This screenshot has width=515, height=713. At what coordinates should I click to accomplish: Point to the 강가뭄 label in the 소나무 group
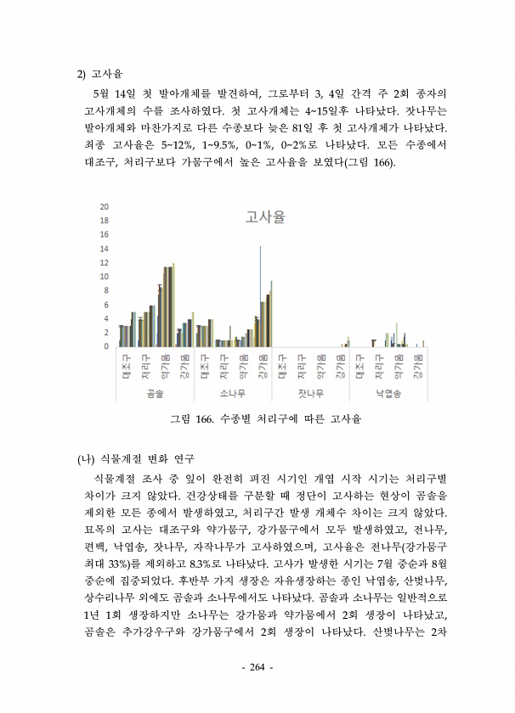(263, 366)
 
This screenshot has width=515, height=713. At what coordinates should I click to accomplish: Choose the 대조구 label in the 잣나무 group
(282, 366)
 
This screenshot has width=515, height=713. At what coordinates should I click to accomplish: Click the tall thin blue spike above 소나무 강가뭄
(260, 272)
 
